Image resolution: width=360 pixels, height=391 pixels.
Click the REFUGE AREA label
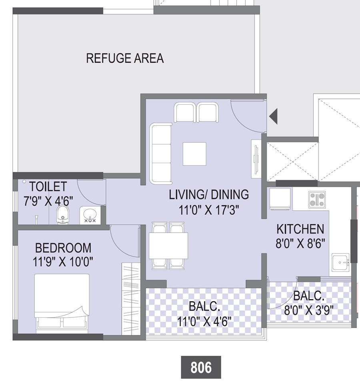[125, 58]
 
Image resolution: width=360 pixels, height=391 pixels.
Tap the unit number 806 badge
[201, 367]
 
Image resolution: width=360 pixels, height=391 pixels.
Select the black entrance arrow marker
[274, 116]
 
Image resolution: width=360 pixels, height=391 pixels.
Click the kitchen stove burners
[317, 199]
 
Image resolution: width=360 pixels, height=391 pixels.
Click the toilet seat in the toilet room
[63, 215]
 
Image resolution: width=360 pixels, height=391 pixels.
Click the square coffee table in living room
[194, 154]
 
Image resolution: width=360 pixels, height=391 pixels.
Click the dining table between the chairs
[168, 245]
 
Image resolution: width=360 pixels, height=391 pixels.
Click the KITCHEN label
[300, 229]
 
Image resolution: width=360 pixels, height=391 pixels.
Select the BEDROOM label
[63, 248]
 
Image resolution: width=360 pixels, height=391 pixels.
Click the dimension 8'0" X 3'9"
[308, 310]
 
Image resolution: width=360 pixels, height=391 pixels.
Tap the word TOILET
[48, 186]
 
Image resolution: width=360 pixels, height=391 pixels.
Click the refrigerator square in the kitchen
[280, 199]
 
